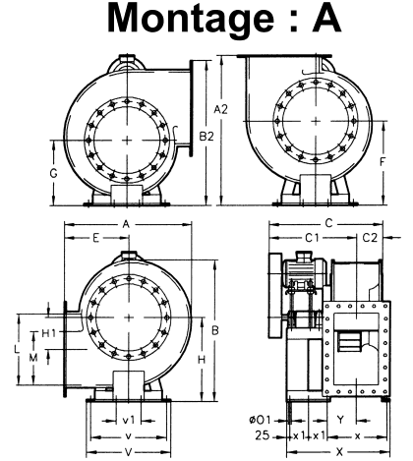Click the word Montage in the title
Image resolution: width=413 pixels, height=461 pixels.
[191, 19]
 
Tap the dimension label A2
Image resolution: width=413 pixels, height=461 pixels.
[220, 109]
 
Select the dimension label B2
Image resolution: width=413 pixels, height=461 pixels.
[206, 136]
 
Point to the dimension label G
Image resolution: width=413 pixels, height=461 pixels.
[53, 173]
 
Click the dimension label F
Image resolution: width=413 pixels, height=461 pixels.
[383, 161]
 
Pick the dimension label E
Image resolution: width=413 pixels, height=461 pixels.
[95, 238]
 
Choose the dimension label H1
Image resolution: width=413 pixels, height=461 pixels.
[49, 333]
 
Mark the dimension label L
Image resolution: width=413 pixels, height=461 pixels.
[17, 349]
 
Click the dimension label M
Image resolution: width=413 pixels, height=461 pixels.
[33, 358]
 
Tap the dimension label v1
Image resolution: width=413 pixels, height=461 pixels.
[129, 420]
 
